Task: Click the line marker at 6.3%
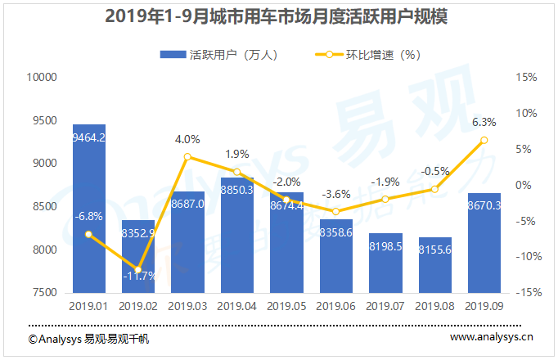pyautogui.click(x=484, y=140)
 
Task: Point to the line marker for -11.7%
pyautogui.click(x=137, y=270)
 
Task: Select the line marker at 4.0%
pyautogui.click(x=187, y=156)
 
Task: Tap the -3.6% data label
pyautogui.click(x=335, y=195)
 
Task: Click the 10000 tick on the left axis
pyautogui.click(x=40, y=78)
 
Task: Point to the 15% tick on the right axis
pyautogui.click(x=526, y=78)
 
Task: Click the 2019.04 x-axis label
pyautogui.click(x=236, y=307)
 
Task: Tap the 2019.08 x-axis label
pyautogui.click(x=434, y=307)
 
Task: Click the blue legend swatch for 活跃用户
pyautogui.click(x=173, y=55)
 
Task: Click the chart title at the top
pyautogui.click(x=279, y=17)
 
